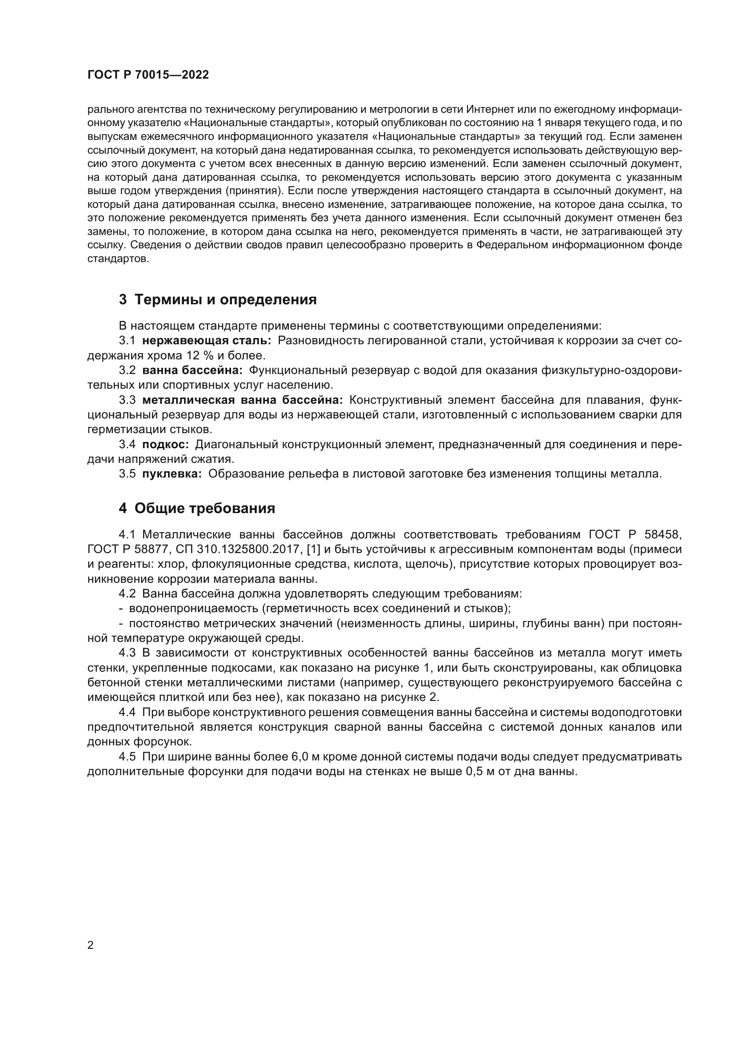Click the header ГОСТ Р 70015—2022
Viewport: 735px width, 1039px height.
point(148,75)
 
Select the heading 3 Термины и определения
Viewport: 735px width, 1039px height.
point(217,299)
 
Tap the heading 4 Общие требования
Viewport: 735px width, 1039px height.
point(197,508)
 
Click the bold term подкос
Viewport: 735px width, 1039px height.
point(165,444)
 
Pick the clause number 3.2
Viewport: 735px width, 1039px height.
point(127,370)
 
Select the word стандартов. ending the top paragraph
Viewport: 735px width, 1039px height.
point(118,259)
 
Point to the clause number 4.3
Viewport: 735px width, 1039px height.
point(127,653)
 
